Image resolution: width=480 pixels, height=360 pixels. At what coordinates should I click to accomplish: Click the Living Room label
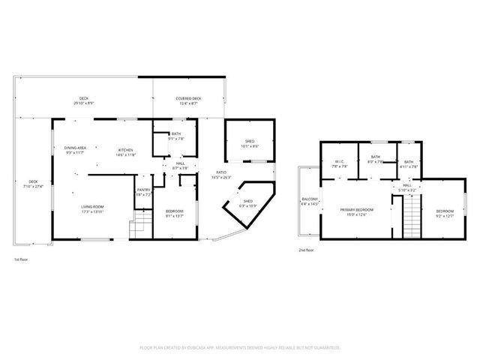[92, 209]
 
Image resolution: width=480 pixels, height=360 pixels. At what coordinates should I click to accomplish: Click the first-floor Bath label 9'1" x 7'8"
[175, 136]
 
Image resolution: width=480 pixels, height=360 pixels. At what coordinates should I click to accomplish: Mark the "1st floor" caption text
[21, 259]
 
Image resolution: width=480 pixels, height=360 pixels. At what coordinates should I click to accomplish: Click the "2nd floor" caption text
[306, 249]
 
